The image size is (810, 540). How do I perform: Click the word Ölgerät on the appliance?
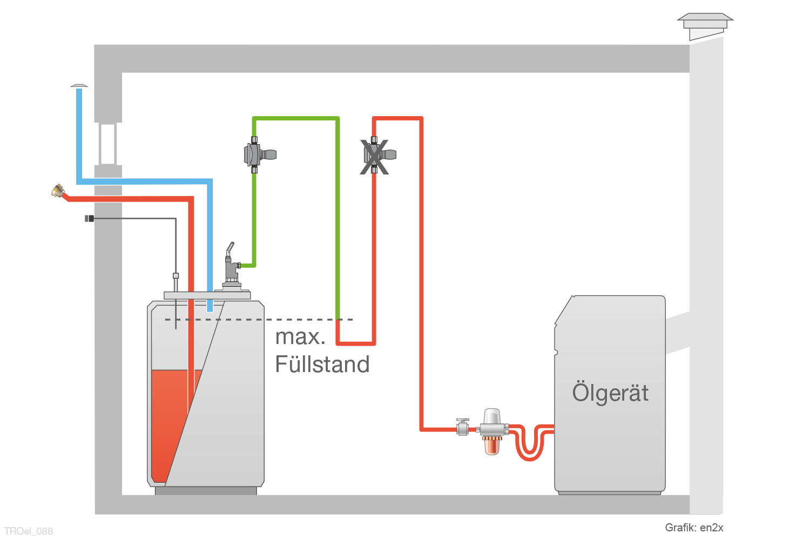pos(610,393)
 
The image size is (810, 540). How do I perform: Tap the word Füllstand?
pos(322,364)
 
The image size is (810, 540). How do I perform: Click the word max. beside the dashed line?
pos(300,337)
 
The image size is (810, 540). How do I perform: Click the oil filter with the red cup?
pos(492,431)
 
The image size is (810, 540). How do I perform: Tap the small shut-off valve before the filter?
pos(463,428)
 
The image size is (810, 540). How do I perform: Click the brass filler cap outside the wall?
pos(57,190)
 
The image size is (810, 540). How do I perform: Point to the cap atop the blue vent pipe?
pos(79,85)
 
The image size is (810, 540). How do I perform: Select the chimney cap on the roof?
pos(705,25)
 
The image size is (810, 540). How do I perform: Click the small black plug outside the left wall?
pos(89,218)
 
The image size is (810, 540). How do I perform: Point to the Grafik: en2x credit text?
pos(694,528)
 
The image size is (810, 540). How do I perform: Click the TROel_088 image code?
pos(29,531)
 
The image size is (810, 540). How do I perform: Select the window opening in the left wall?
pos(108,144)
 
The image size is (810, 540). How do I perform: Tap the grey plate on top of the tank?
pos(207,295)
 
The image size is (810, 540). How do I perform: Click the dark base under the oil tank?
pos(206,491)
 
